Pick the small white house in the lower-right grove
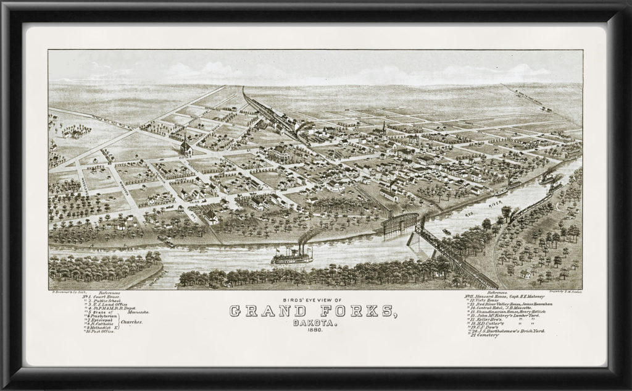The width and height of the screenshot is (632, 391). click(x=525, y=274)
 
